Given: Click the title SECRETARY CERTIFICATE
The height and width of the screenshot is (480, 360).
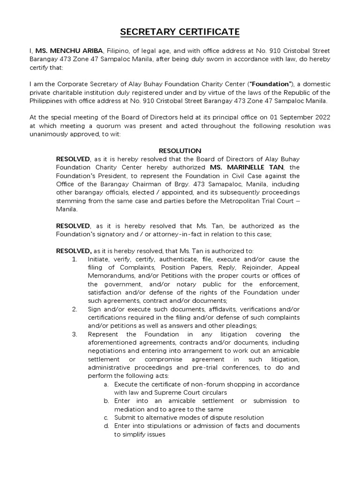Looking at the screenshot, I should [180, 32].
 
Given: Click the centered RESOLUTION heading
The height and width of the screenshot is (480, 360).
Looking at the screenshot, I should [180, 150].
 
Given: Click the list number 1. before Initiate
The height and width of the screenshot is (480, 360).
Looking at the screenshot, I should [75, 259].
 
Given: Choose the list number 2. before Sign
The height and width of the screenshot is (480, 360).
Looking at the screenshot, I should [75, 309].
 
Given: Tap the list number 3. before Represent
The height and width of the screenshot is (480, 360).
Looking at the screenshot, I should [75, 334].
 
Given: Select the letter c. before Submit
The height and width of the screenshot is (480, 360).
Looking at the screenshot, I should [106, 417].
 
